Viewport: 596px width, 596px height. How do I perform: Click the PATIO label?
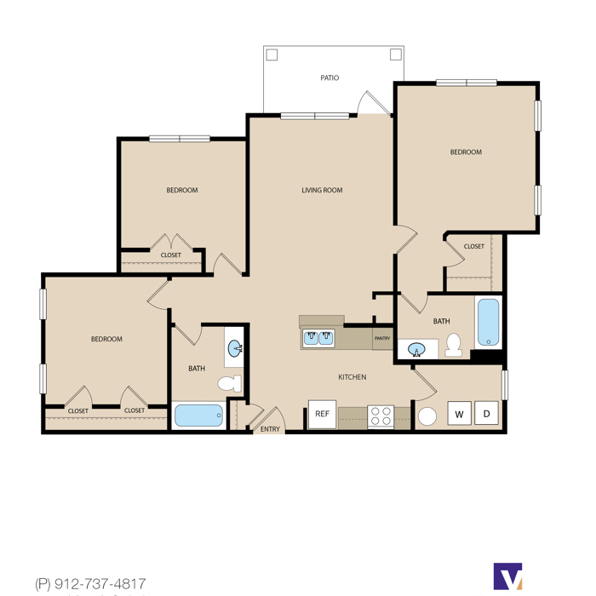tap(330, 78)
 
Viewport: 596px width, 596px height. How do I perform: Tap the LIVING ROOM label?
tap(322, 190)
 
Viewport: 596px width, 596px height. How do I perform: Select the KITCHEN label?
tap(352, 377)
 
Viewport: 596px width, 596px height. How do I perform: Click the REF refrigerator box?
tap(322, 414)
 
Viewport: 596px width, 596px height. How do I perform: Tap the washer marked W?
tap(460, 413)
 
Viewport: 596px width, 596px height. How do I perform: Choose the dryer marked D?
tap(486, 413)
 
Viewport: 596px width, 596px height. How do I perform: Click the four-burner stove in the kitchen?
tap(381, 416)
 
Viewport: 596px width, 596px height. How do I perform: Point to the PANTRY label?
tap(382, 338)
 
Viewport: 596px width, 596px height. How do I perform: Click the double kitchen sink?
tap(318, 338)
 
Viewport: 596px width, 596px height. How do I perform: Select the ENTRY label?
tap(270, 429)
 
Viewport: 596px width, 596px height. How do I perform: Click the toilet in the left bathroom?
tap(230, 383)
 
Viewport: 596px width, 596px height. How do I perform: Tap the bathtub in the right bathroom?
tap(489, 323)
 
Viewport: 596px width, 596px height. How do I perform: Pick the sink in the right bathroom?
tap(416, 350)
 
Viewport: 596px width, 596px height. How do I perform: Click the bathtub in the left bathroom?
tap(198, 415)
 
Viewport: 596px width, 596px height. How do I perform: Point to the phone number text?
tap(90, 583)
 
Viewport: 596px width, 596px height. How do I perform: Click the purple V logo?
tap(507, 576)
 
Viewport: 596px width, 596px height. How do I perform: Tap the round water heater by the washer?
tap(427, 416)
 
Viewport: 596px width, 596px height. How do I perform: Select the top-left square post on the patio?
tap(272, 54)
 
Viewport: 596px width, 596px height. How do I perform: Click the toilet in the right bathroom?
tap(454, 345)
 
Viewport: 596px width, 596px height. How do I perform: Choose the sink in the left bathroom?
tap(235, 348)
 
